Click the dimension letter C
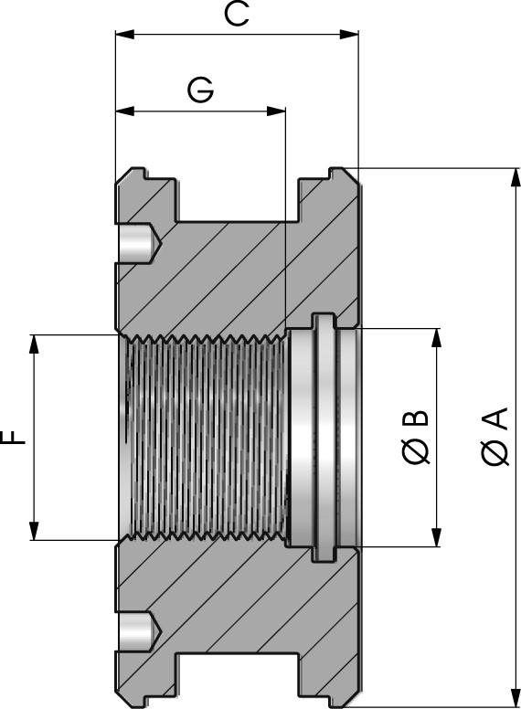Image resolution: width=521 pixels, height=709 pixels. point(236,15)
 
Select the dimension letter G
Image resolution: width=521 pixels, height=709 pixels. point(200,90)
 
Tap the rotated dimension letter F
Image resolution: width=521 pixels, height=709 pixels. point(16,437)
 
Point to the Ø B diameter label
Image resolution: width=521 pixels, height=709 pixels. point(414,437)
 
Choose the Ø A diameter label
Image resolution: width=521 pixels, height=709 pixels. point(494,437)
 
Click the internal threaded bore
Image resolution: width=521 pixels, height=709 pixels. point(203,437)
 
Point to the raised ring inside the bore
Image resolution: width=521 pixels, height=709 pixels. point(321,437)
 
